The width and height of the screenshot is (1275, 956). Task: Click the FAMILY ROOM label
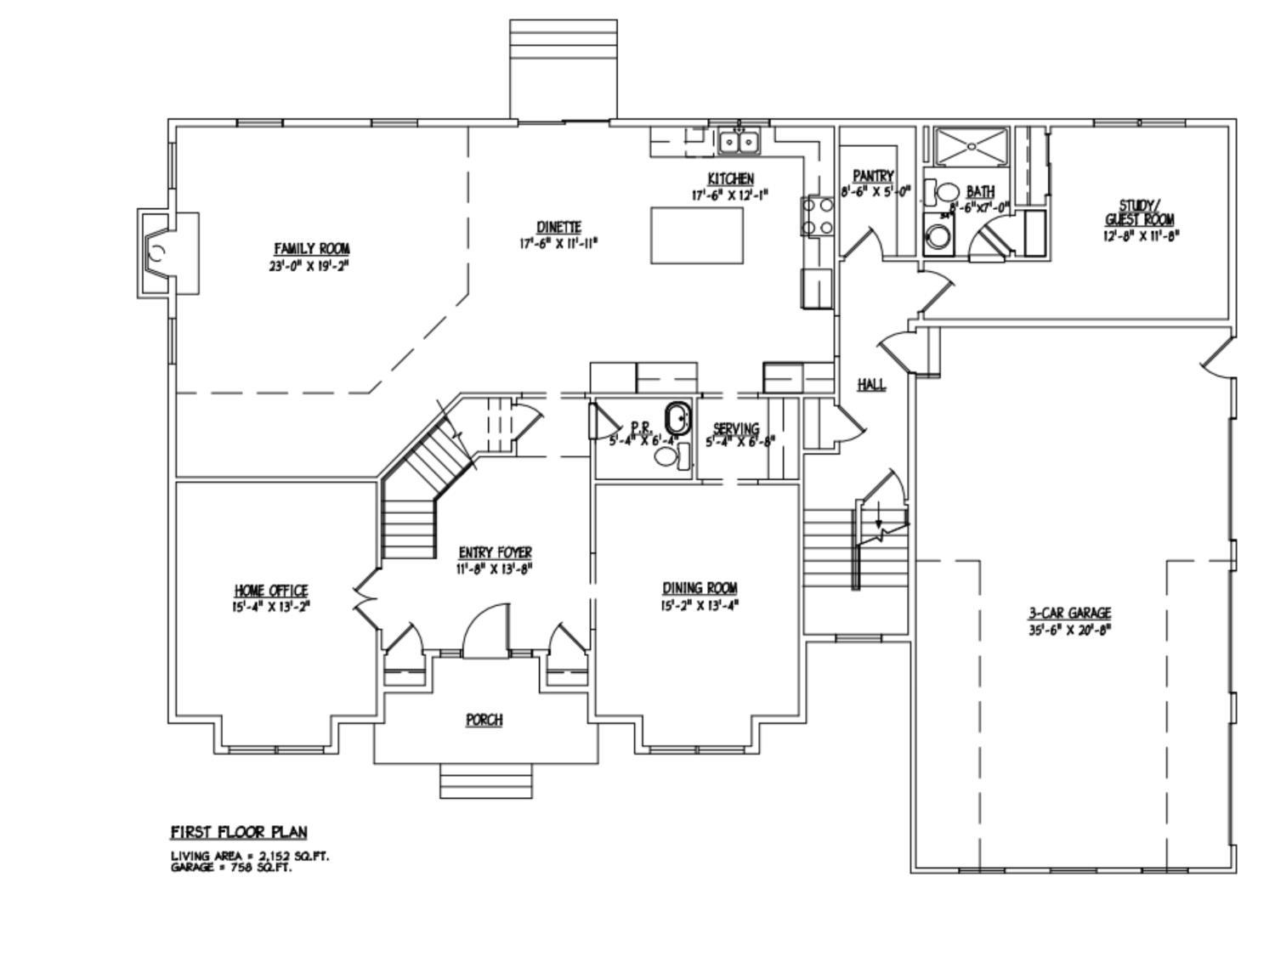[311, 249]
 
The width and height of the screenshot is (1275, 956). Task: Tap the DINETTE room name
[558, 228]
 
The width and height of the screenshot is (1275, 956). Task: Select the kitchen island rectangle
[697, 235]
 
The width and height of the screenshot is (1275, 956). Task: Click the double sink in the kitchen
[739, 142]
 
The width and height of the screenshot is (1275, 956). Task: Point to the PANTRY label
[874, 176]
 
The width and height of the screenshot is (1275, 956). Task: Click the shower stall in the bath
[971, 147]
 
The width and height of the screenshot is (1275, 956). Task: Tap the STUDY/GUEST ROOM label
[1139, 212]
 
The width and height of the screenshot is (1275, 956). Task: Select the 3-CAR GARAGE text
[1070, 614]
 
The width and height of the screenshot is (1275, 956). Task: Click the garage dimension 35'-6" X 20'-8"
[1070, 631]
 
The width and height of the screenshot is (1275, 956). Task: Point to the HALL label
[871, 385]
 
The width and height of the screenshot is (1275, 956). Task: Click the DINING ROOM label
[700, 588]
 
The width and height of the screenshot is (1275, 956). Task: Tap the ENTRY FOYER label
[495, 552]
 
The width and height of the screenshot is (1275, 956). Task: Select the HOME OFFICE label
[270, 591]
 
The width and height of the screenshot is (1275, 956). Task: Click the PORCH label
[484, 720]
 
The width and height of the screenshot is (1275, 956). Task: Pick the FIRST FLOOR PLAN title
[239, 832]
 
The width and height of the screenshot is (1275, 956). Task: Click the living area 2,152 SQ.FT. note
[250, 856]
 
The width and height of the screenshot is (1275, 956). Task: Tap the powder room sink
[677, 419]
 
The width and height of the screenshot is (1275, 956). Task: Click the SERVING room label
[735, 429]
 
